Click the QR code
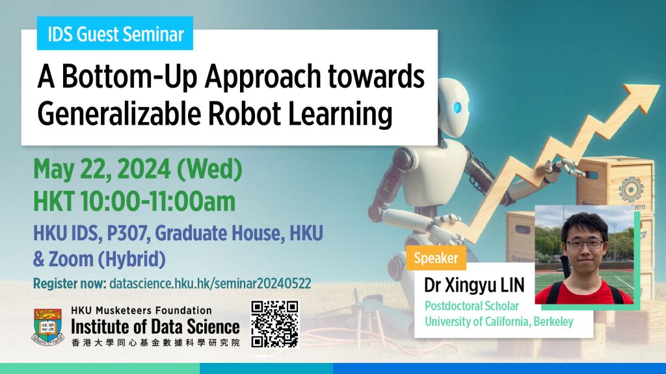click(274, 324)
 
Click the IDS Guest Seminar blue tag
click(114, 34)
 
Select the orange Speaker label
click(436, 258)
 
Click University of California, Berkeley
click(499, 321)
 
